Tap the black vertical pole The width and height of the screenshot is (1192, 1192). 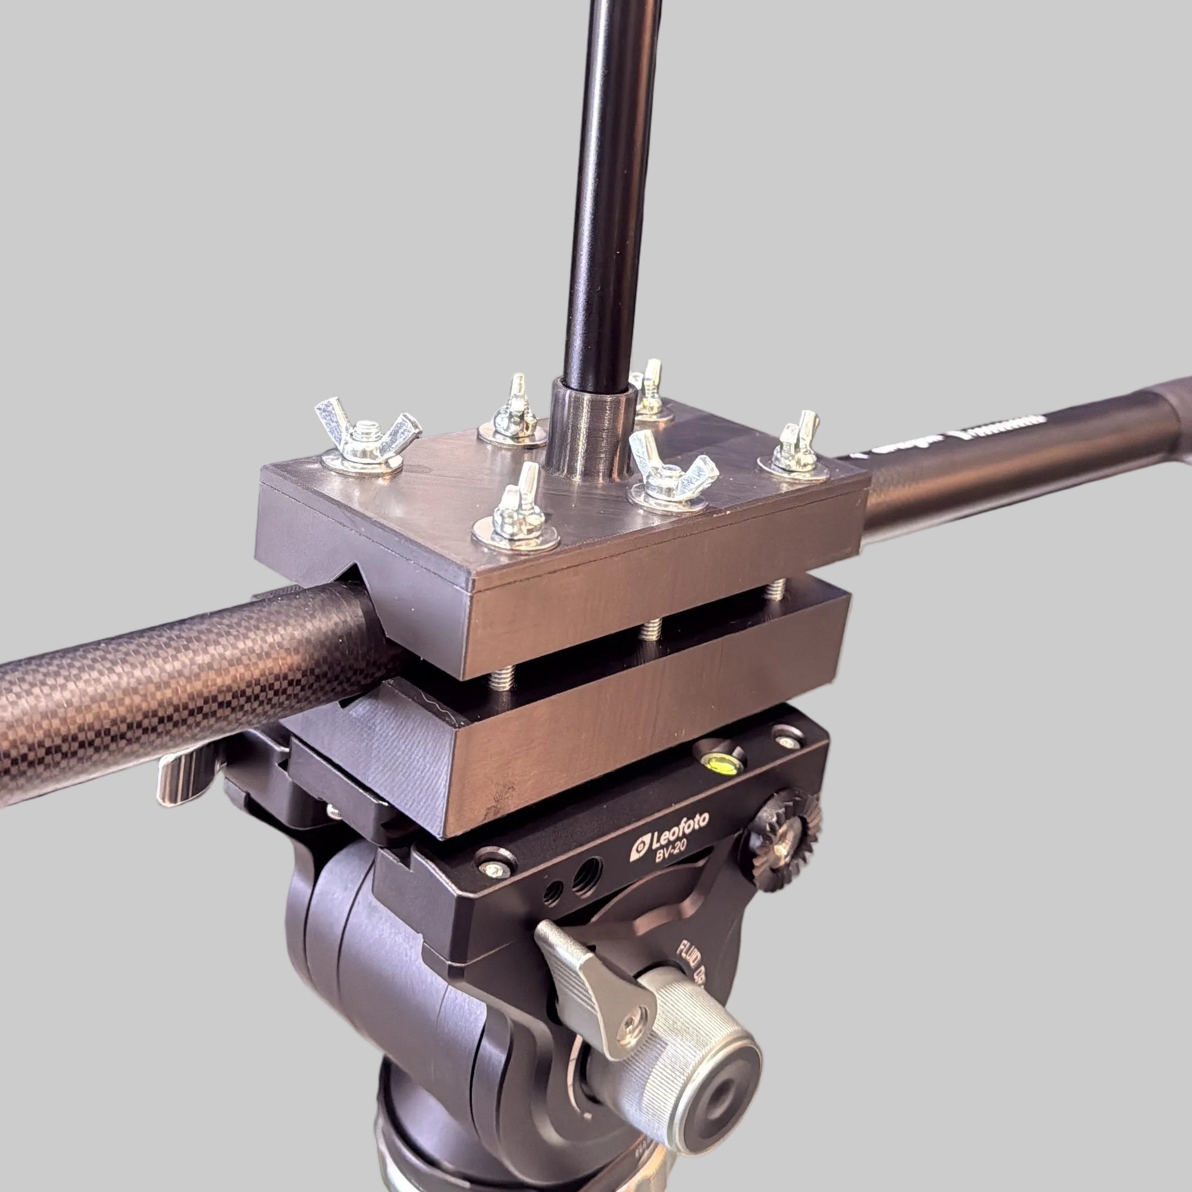point(608,185)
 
